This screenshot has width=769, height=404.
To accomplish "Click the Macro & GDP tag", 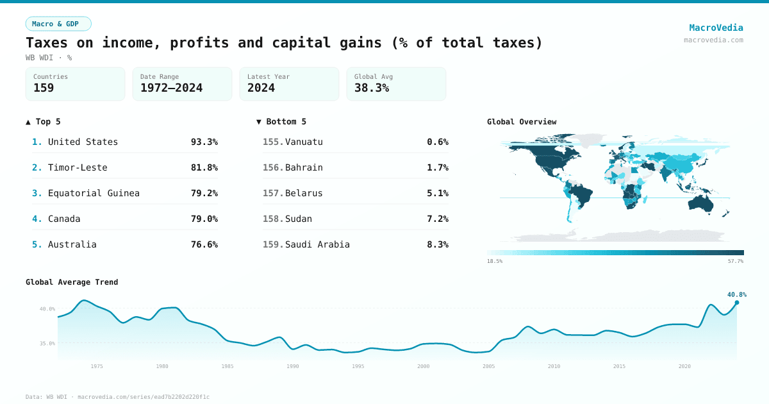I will (58, 24).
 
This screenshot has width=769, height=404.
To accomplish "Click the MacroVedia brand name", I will (716, 28).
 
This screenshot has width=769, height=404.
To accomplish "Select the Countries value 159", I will (44, 88).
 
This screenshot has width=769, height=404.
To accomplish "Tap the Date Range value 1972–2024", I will (171, 88).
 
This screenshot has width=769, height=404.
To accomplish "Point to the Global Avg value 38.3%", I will (372, 88).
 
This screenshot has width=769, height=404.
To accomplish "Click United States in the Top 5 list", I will (83, 142).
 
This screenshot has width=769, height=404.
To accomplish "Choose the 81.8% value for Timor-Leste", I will (204, 167).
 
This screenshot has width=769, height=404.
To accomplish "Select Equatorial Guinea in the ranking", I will (94, 193).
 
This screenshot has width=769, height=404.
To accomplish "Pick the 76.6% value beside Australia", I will (204, 244).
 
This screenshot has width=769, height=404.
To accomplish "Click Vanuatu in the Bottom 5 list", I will (304, 142).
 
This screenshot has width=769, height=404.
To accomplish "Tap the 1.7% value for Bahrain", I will (437, 167).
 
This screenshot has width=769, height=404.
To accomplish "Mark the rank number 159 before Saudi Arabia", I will (273, 244).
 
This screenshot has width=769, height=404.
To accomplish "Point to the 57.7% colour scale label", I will (735, 262).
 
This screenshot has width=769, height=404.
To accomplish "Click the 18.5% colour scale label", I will (495, 262).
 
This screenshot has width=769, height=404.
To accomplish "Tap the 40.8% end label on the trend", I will (736, 294).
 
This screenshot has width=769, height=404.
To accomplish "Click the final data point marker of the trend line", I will (736, 303).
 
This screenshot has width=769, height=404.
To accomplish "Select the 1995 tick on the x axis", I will (358, 366).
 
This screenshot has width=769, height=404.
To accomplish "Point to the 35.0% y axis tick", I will (47, 344).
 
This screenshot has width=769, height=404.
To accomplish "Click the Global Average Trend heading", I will (72, 282).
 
